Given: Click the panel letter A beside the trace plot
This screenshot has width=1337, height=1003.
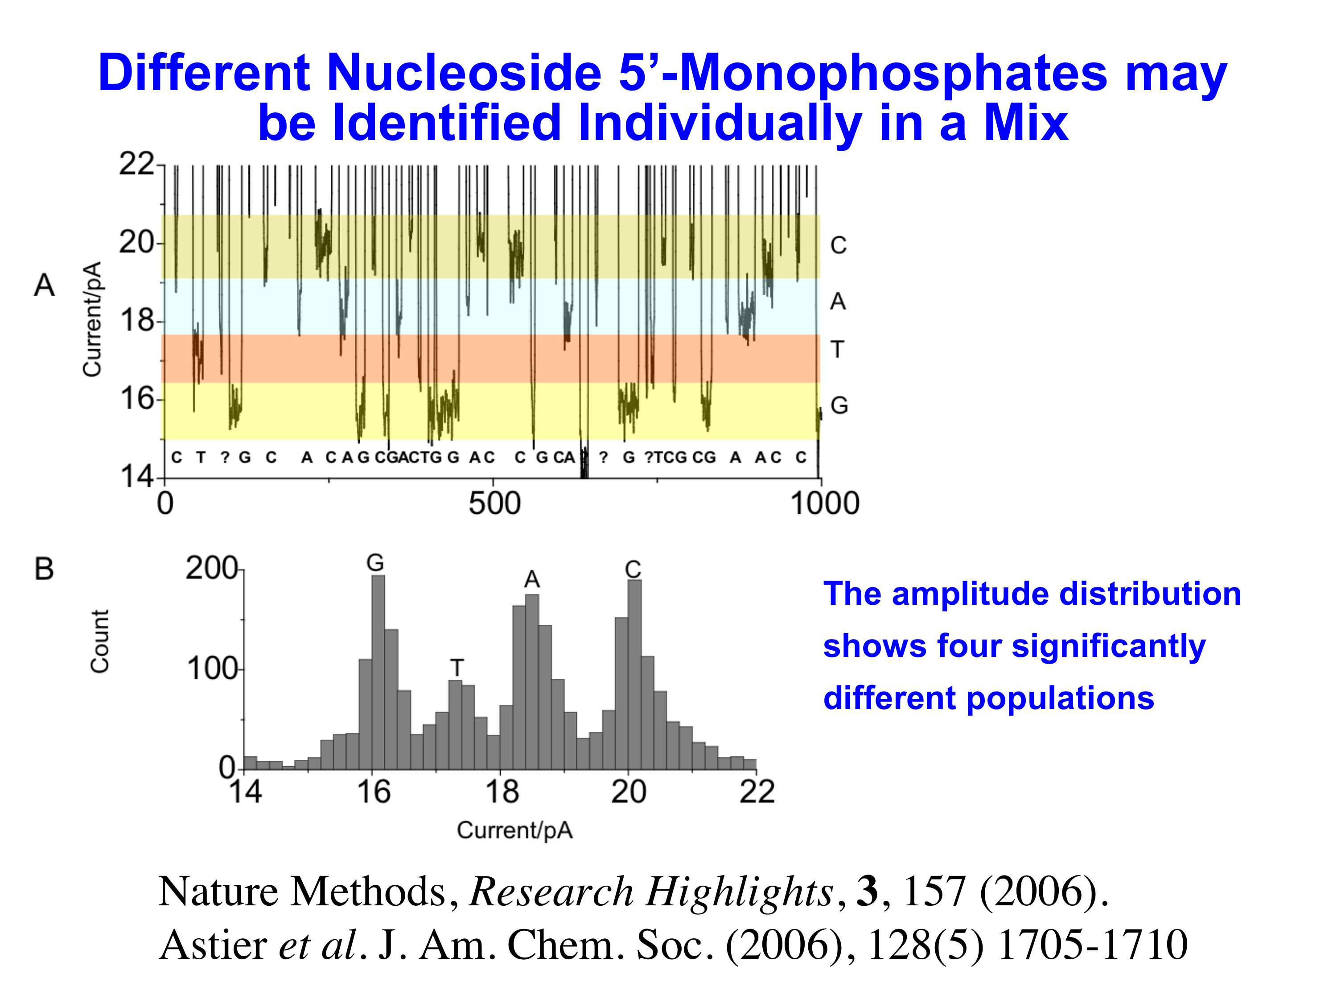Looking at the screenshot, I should coord(44,285).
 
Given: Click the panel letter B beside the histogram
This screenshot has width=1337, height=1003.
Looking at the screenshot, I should coord(44,569).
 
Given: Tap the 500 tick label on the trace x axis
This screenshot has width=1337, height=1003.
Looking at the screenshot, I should coord(494,504).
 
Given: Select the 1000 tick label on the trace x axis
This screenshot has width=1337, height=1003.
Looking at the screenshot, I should coord(824,504).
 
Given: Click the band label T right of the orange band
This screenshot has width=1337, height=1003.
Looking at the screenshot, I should coord(837,350).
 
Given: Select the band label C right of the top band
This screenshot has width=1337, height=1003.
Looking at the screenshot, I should coord(838,245).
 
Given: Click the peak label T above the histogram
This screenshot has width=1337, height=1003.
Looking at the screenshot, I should coord(457,668).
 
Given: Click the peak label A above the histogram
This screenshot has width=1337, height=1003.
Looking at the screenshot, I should coord(531,580).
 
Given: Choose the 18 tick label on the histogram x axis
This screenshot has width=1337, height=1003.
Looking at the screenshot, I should coord(502,792).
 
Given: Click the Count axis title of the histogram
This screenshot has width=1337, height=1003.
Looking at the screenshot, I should coord(100,641).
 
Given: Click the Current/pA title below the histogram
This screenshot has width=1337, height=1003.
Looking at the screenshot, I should coord(514,830).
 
